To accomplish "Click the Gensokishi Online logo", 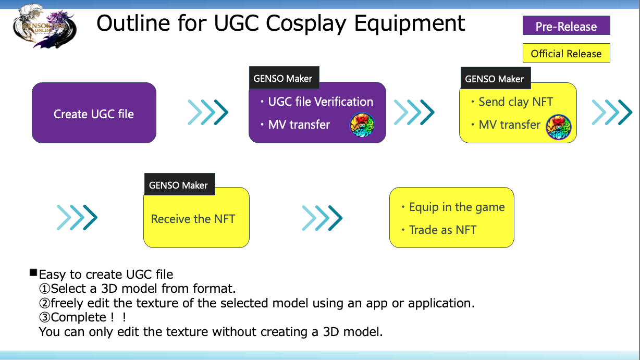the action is [45, 26].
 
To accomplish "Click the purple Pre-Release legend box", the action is [567, 26].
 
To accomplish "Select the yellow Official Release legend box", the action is [567, 53].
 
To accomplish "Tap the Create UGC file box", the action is [94, 113].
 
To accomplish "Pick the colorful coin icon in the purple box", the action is [362, 125].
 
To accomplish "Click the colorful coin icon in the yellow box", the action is [559, 127].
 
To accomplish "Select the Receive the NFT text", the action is [193, 219].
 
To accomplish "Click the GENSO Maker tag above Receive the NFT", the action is [179, 184].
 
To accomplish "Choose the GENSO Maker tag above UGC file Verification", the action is [284, 78].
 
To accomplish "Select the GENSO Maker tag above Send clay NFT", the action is [496, 78].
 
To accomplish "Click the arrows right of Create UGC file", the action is [208, 113].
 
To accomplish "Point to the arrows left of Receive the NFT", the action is [77, 217].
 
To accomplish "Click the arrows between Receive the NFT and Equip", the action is [322, 218].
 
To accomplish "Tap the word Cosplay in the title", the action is [306, 24].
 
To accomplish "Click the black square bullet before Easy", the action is [33, 272].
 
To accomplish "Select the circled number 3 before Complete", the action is [45, 317].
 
